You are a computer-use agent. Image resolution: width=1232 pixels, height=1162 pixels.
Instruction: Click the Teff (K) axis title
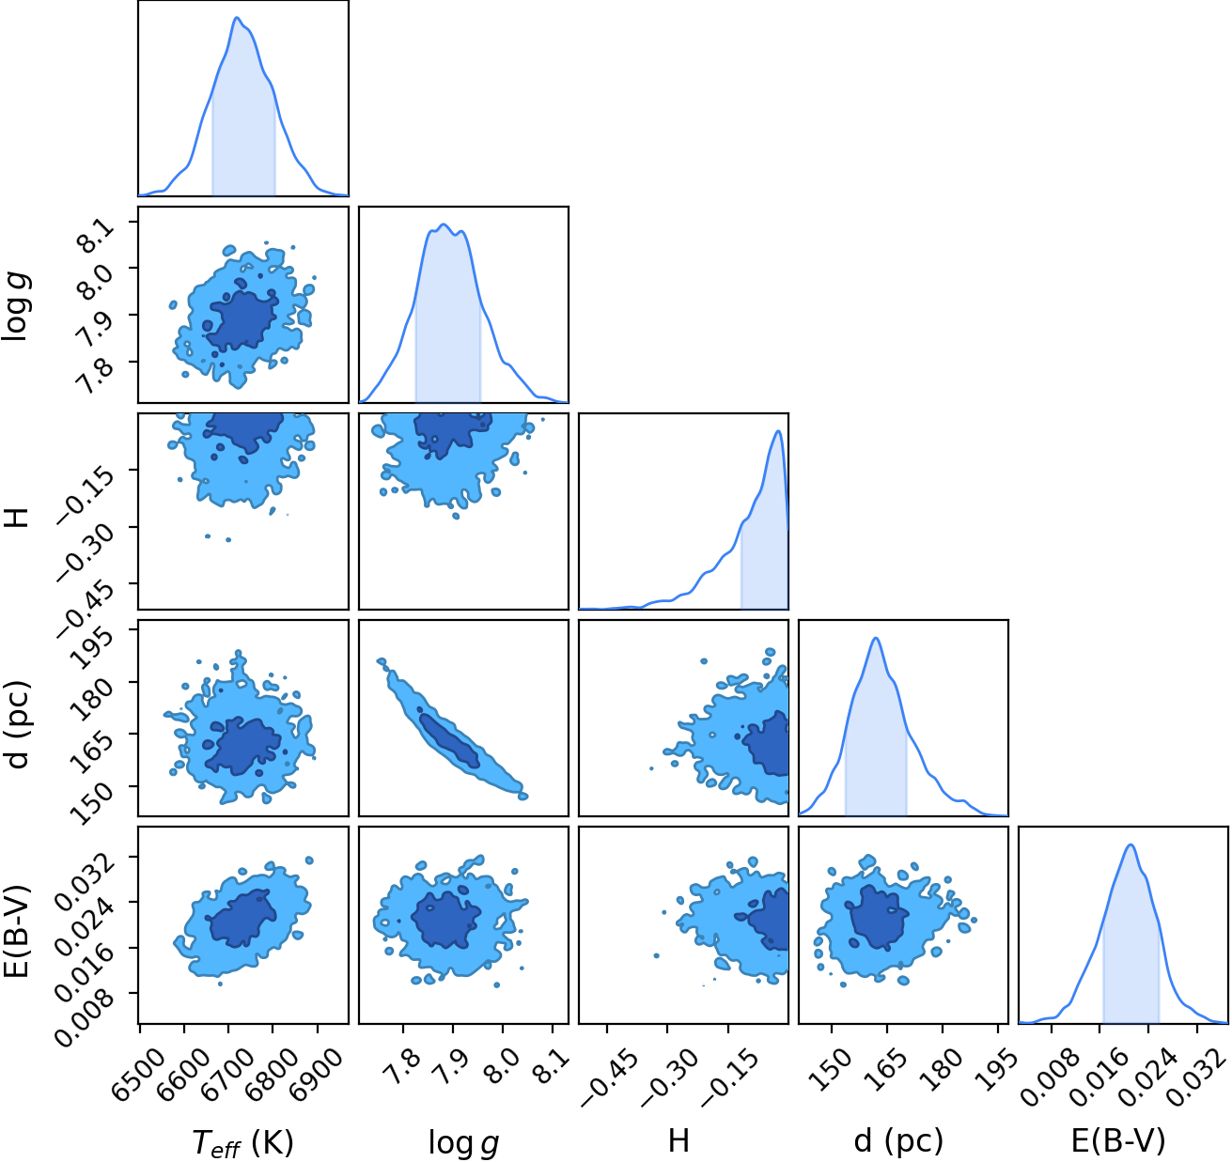click(242, 1140)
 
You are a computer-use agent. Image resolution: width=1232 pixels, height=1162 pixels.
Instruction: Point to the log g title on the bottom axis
click(463, 1141)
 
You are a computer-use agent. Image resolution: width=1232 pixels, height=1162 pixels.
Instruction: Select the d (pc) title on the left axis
click(17, 723)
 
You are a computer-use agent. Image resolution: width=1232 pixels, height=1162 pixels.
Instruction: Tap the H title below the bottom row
click(678, 1139)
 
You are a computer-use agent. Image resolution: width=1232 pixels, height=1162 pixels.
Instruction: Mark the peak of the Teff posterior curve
click(237, 17)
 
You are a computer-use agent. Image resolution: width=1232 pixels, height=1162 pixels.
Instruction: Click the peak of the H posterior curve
click(778, 431)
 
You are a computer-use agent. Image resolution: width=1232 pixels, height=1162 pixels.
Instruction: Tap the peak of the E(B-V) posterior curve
click(1131, 845)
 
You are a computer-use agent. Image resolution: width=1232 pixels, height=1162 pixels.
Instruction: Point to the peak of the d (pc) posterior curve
click(876, 638)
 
